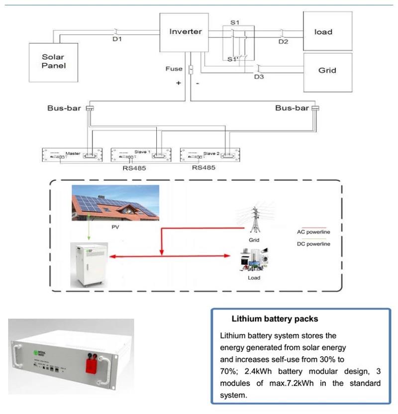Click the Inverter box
[x=186, y=32]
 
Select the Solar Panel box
[x=53, y=62]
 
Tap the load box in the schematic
[x=323, y=32]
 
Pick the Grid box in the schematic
[x=327, y=70]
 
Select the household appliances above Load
[x=254, y=260]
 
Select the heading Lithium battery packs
[x=275, y=319]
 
